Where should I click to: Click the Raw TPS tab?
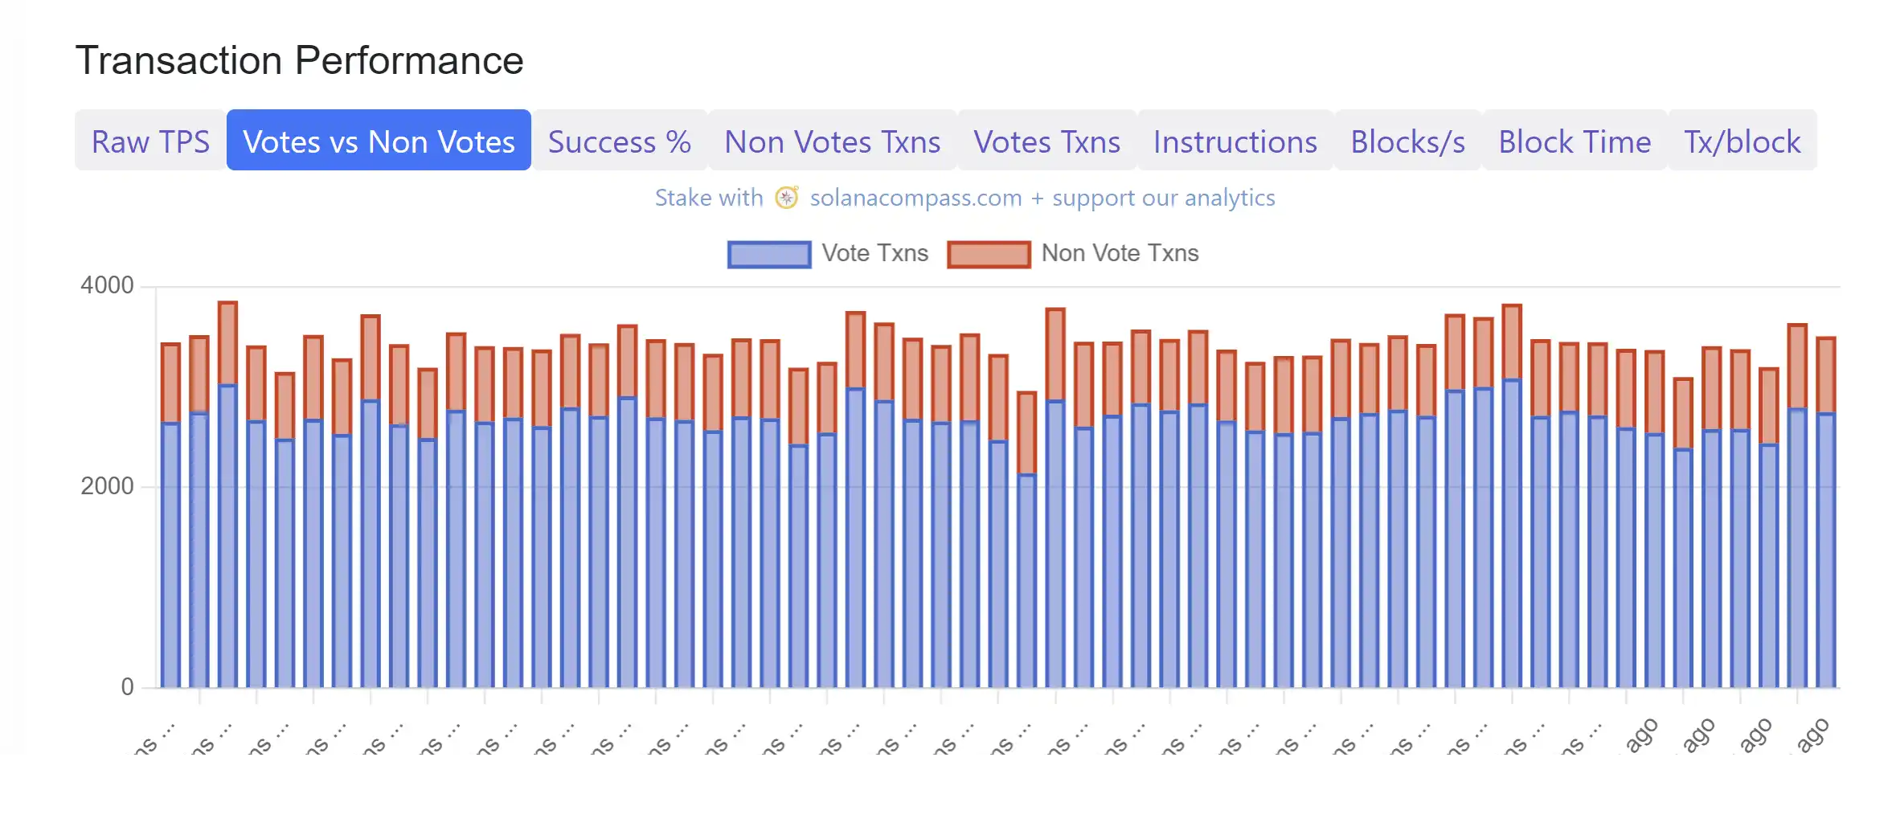[150, 141]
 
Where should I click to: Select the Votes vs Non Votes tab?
[379, 141]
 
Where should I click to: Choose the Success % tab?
[619, 141]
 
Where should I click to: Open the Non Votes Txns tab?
[832, 141]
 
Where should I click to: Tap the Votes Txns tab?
[1046, 141]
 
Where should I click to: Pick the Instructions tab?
[1235, 141]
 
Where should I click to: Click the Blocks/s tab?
[1407, 141]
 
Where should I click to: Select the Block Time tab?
[1575, 141]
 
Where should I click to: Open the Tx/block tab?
[1742, 141]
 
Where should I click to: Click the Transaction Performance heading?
[299, 60]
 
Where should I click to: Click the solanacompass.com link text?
[915, 198]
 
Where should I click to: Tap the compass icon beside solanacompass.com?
[786, 198]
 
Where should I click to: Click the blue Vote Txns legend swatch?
[769, 254]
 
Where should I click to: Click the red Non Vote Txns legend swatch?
[989, 254]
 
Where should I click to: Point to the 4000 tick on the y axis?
[107, 285]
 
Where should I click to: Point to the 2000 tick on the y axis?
[107, 486]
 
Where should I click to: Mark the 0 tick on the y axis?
[127, 687]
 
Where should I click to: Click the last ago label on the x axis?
[1812, 735]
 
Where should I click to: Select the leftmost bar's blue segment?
[170, 555]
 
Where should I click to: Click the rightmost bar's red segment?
[1826, 375]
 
